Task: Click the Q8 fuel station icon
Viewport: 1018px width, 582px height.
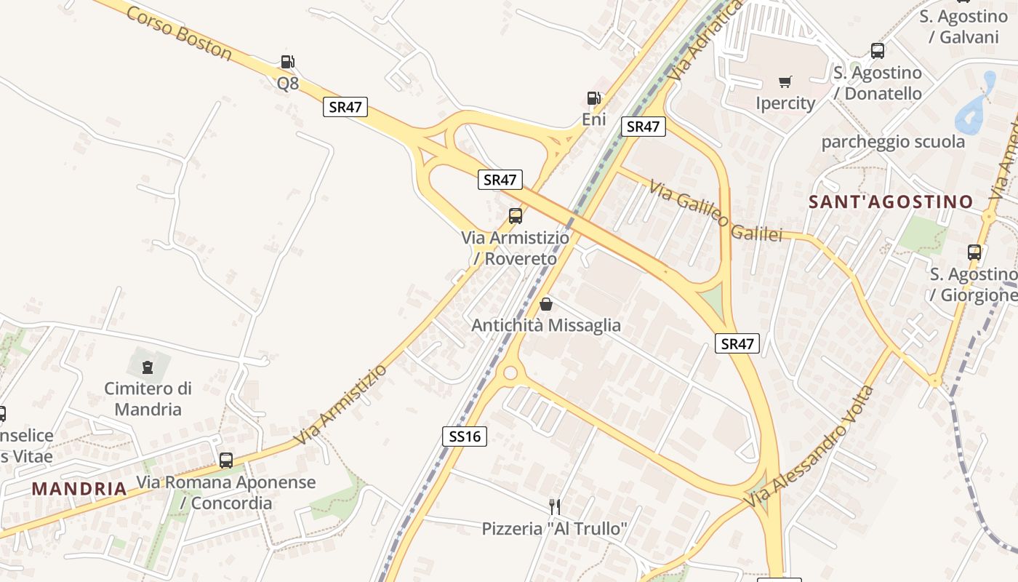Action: [287, 62]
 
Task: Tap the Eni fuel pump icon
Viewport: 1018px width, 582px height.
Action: [593, 98]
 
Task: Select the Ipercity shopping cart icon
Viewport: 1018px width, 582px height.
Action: [785, 81]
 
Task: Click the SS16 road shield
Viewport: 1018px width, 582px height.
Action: [464, 436]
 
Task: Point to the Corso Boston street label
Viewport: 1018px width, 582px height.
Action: [179, 34]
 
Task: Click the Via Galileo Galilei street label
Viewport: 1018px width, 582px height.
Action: [716, 212]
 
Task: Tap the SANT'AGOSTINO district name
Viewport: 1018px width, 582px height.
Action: [891, 202]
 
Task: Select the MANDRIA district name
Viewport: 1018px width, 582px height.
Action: [79, 488]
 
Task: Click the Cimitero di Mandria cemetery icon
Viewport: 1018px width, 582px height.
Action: [148, 367]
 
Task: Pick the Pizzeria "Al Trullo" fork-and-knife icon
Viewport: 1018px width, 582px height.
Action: [554, 506]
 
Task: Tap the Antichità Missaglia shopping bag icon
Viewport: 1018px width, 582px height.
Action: [546, 304]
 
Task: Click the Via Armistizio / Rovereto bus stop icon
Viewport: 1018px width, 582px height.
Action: [516, 215]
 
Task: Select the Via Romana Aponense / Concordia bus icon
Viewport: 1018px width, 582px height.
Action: [226, 460]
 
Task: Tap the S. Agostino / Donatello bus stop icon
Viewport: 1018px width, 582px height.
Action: [878, 51]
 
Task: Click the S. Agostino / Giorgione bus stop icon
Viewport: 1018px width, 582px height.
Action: [974, 252]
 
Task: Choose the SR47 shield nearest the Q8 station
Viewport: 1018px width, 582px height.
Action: [345, 107]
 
